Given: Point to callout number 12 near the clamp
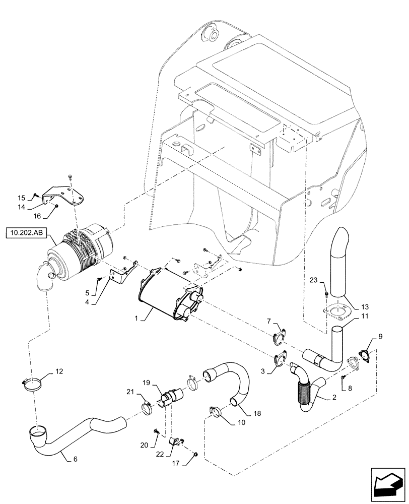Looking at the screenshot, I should [59, 371].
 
